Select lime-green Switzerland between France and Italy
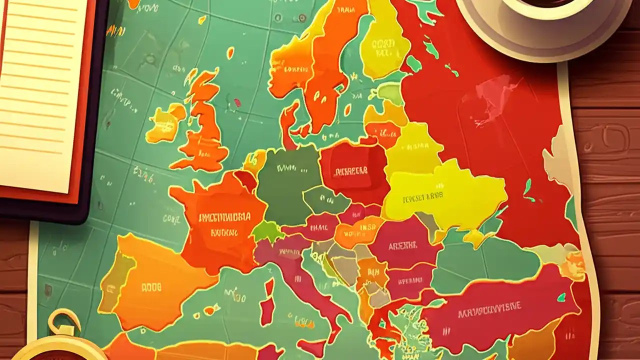coord(267,231)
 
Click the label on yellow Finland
coord(384,47)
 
